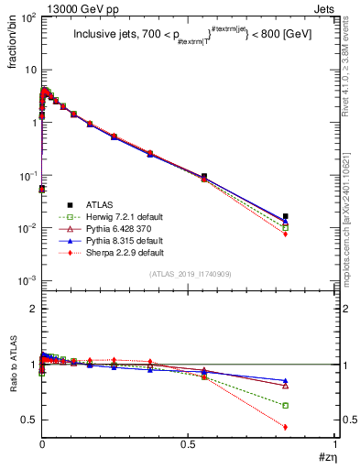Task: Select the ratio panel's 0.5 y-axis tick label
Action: pyautogui.click(x=29, y=420)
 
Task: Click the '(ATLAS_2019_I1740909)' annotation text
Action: pyautogui.click(x=189, y=274)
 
